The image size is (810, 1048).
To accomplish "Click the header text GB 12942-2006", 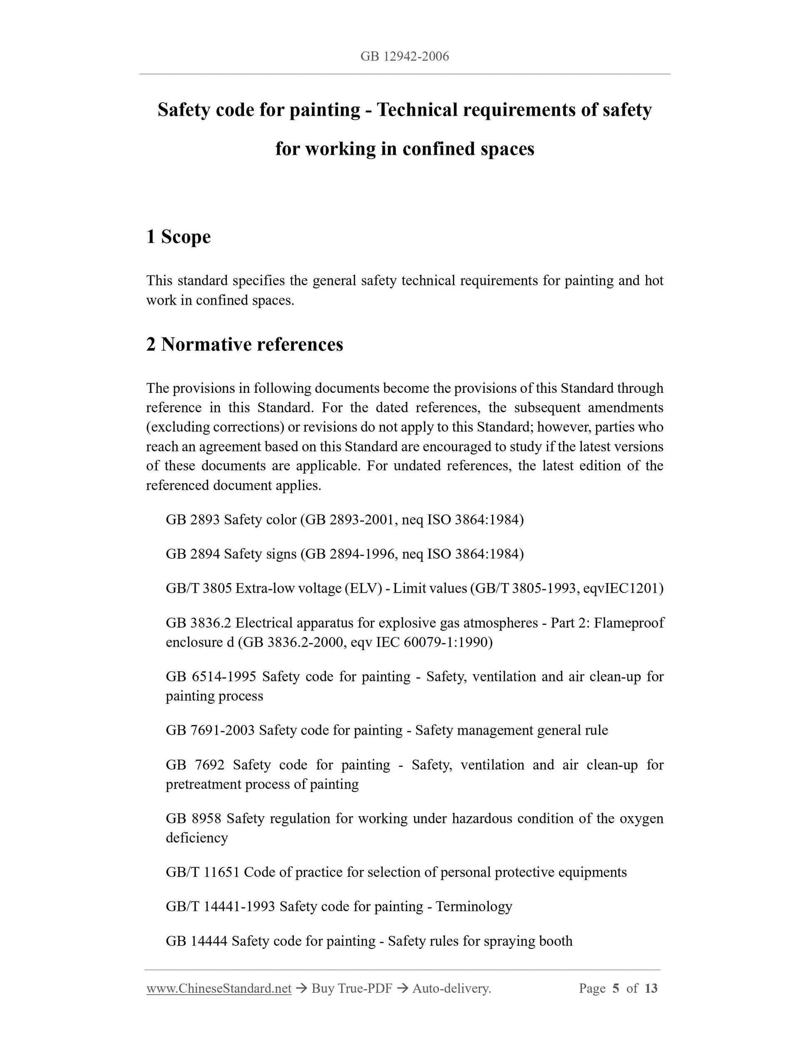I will click(x=405, y=57).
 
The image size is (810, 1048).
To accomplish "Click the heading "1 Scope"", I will click(x=178, y=236).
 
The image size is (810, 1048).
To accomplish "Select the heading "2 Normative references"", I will click(x=245, y=345).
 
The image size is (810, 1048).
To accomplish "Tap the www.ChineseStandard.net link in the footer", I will click(x=219, y=988).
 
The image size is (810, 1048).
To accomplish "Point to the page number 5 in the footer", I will click(x=616, y=988).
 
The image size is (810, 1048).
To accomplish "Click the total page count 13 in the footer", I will click(x=651, y=988).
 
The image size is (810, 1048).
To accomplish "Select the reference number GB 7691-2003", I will click(x=210, y=730).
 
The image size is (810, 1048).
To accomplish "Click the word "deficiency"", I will click(x=197, y=838).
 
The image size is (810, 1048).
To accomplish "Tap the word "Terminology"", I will click(x=474, y=906).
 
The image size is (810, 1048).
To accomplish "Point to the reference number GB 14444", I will click(x=196, y=941).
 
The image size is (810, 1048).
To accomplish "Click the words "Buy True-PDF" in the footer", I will click(x=351, y=988).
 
